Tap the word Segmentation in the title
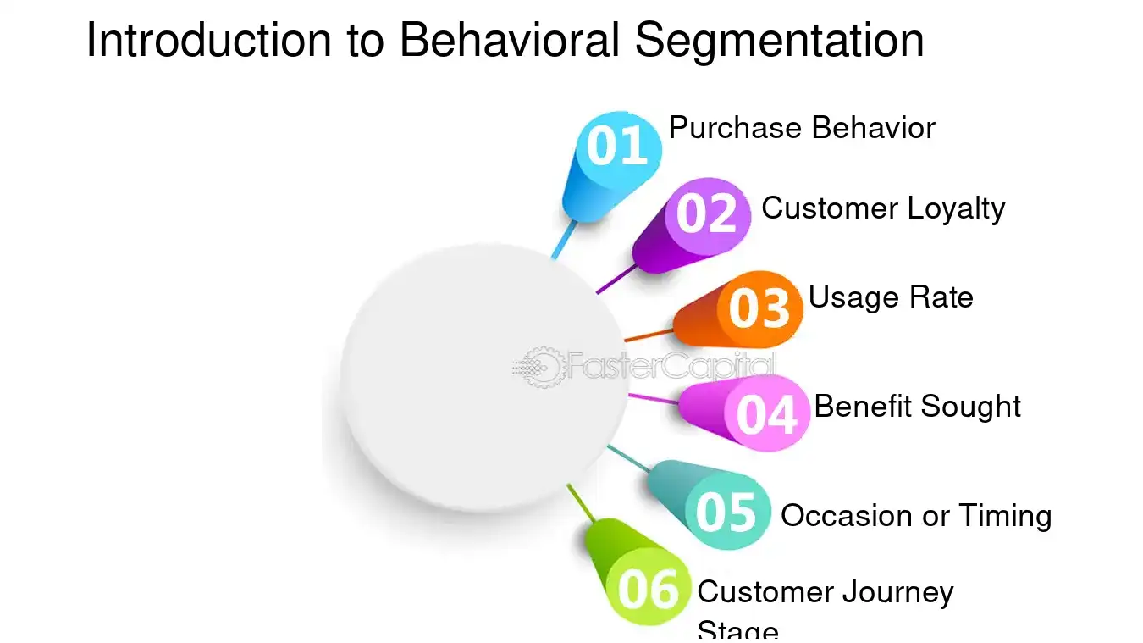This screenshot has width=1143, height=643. click(x=779, y=40)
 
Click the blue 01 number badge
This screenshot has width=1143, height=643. click(x=618, y=147)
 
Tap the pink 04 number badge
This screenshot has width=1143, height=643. click(x=767, y=414)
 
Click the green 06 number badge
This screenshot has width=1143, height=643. click(x=649, y=588)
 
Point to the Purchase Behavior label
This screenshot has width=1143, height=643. click(x=801, y=128)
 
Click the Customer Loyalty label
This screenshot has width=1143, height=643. click(x=883, y=208)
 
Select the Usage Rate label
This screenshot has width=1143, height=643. click(x=891, y=297)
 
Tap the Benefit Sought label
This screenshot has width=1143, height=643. click(x=918, y=407)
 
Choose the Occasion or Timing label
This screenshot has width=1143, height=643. click(x=916, y=515)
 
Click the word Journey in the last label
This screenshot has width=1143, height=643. click(x=898, y=592)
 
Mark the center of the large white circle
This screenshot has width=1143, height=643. click(x=484, y=378)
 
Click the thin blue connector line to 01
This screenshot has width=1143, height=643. click(x=562, y=241)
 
